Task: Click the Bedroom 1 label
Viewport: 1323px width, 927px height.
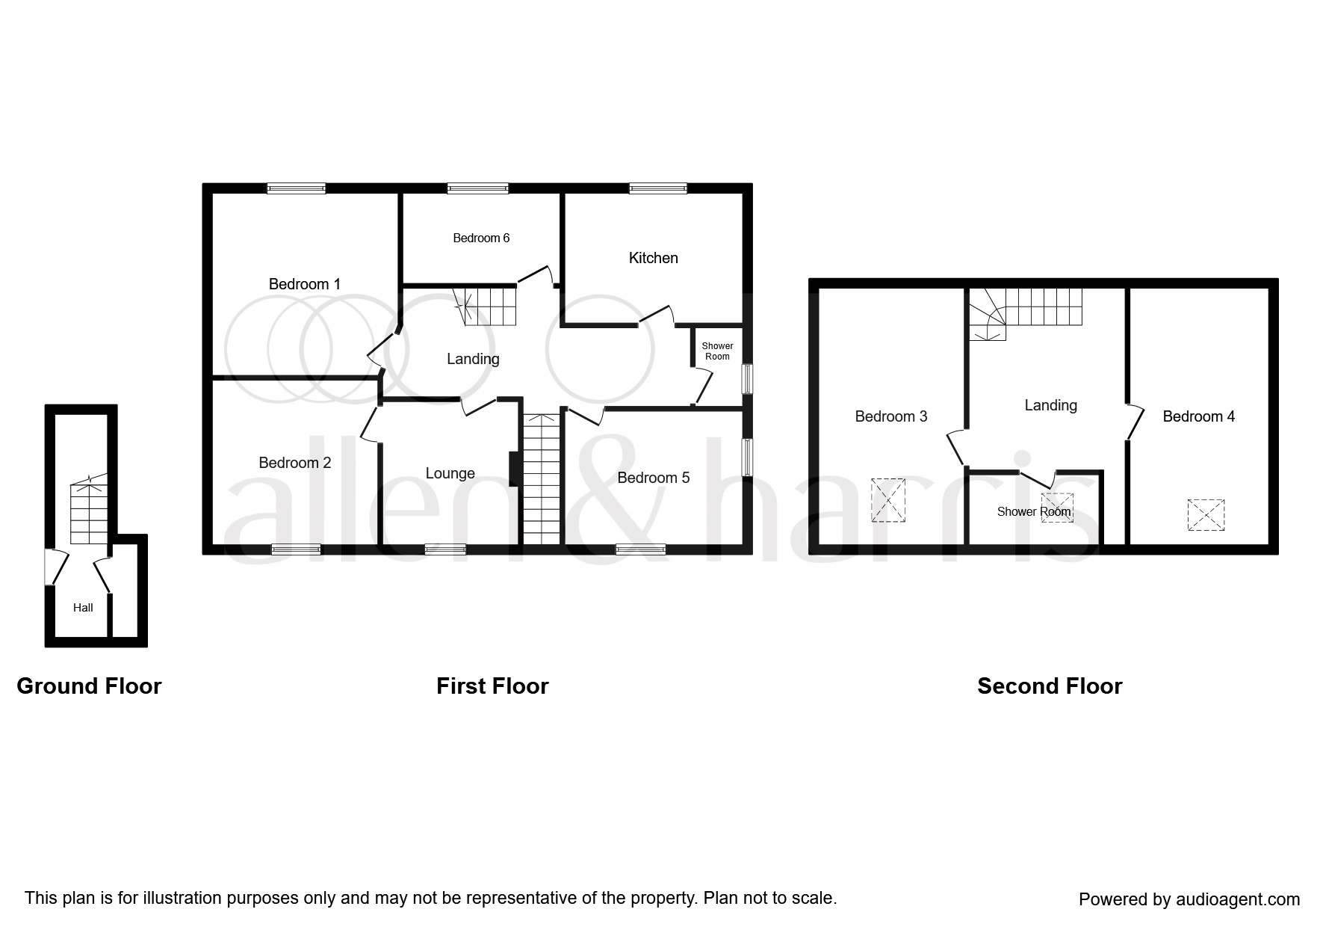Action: [x=305, y=284]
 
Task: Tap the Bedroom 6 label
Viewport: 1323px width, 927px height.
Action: [x=481, y=238]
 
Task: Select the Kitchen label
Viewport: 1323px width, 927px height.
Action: [x=654, y=258]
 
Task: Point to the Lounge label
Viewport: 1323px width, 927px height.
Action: [x=450, y=473]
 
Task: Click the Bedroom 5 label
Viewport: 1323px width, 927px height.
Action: [x=654, y=478]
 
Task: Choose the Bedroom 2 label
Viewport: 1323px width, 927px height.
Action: [x=295, y=463]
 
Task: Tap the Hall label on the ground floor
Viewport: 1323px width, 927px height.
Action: [x=83, y=608]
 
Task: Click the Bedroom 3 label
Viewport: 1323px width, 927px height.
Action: [x=891, y=416]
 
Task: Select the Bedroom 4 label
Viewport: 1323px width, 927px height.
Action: [x=1199, y=416]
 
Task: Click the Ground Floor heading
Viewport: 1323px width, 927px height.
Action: [x=89, y=686]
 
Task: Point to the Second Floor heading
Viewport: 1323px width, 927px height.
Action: [x=1050, y=686]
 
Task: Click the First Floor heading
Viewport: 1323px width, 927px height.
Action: [x=492, y=686]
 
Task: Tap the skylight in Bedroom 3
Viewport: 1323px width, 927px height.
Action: [x=888, y=500]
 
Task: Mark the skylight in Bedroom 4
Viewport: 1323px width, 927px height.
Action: [x=1206, y=515]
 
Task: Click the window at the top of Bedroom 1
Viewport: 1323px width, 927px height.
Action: [x=297, y=188]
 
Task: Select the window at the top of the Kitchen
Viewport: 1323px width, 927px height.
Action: [x=658, y=188]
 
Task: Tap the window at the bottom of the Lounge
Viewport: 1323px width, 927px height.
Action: [x=445, y=549]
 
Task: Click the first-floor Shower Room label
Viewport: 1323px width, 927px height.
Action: [x=717, y=351]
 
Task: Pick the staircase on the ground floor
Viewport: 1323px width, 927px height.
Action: [x=90, y=512]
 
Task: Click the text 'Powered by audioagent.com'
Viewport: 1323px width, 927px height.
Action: [x=1189, y=899]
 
